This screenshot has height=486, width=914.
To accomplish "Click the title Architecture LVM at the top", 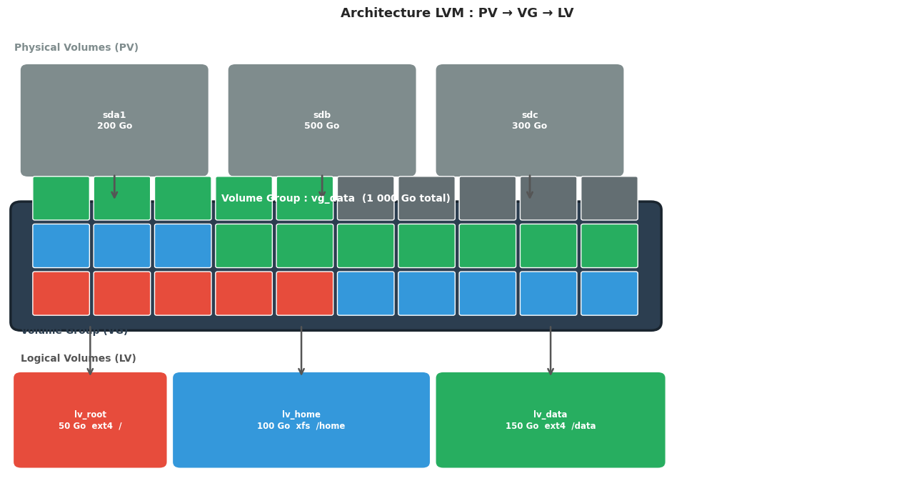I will [457, 14].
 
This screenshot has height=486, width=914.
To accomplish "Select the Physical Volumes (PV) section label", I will [76, 48].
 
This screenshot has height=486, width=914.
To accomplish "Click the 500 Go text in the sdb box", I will [322, 127].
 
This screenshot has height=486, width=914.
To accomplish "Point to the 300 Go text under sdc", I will [530, 127].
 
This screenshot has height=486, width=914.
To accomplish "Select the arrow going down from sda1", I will [114, 187].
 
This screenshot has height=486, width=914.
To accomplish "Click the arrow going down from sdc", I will [530, 187].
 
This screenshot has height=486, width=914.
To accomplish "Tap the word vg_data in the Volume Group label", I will [333, 199].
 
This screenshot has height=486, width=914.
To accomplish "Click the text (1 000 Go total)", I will [406, 199].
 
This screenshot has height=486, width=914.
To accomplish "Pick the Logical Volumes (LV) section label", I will [79, 359].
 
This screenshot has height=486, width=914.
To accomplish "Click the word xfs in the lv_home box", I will [301, 427].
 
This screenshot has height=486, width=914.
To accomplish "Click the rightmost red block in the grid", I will [305, 293].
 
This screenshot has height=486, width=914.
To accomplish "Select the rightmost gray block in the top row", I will [609, 198].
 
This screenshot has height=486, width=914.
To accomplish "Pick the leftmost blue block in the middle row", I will [61, 246].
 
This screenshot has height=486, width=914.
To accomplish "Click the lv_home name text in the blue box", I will [301, 415].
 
